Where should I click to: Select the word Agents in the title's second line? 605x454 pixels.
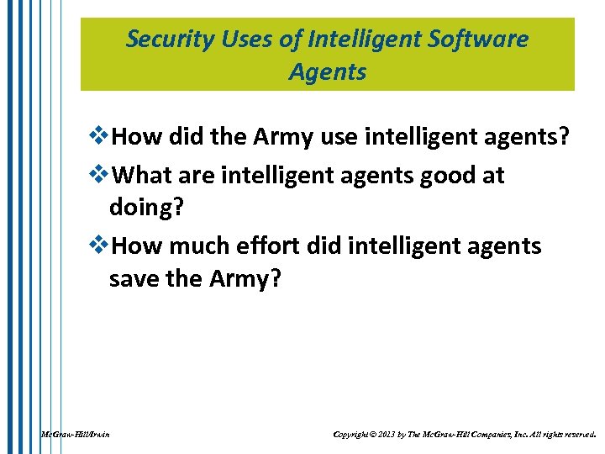click(x=328, y=72)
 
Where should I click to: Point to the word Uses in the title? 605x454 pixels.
click(x=241, y=40)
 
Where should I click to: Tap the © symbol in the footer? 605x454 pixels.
click(x=375, y=435)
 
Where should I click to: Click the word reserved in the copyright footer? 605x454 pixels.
click(x=576, y=435)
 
